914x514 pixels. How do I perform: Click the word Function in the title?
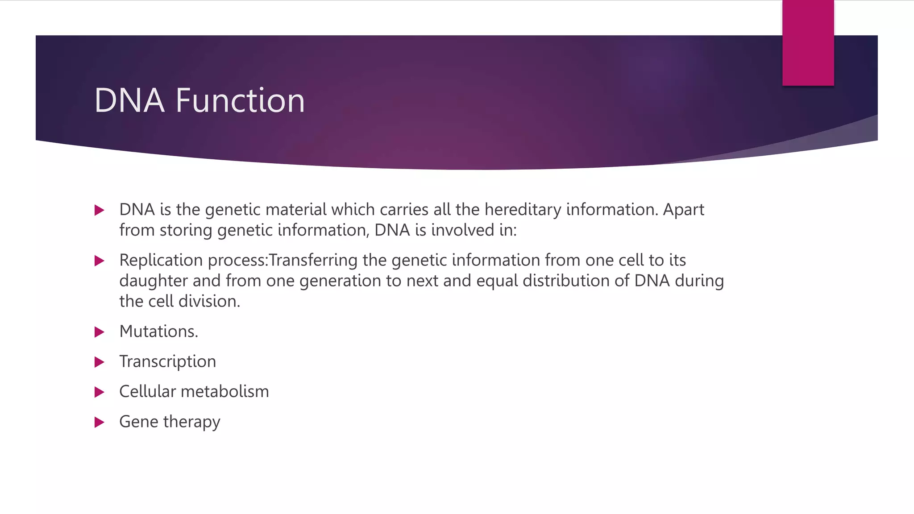pyautogui.click(x=240, y=100)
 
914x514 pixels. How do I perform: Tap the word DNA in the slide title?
pyautogui.click(x=129, y=100)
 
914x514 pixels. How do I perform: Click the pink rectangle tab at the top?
pyautogui.click(x=808, y=43)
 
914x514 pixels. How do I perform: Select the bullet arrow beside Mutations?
pyautogui.click(x=100, y=332)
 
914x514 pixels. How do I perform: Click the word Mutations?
pyautogui.click(x=158, y=332)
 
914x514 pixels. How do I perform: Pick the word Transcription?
pyautogui.click(x=167, y=362)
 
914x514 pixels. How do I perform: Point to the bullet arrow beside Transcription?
pyautogui.click(x=100, y=362)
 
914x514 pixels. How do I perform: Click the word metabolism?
pyautogui.click(x=225, y=392)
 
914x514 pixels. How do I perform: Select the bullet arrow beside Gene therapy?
pyautogui.click(x=100, y=422)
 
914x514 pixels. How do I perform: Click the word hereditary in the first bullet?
pyautogui.click(x=523, y=210)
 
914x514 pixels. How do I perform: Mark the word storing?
pyautogui.click(x=186, y=230)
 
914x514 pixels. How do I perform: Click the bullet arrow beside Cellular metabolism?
pyautogui.click(x=100, y=392)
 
